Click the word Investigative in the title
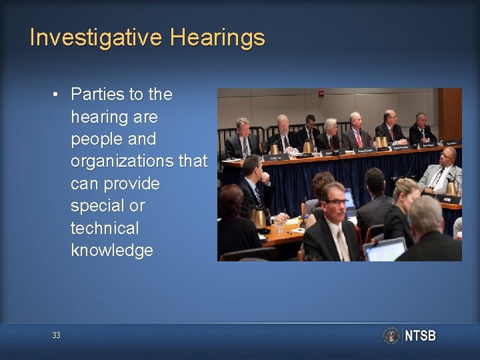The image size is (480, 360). [x=96, y=37]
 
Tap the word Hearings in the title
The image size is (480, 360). [x=217, y=37]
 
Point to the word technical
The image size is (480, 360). [x=105, y=228]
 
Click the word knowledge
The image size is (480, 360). [x=112, y=251]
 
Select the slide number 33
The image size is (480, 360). [x=56, y=335]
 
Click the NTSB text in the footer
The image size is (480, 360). [x=420, y=335]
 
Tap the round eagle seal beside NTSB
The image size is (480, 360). [x=391, y=335]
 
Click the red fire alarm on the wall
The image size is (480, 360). [x=321, y=94]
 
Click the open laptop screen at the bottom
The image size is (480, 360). [x=385, y=250]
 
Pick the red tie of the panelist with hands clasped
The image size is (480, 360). [x=359, y=139]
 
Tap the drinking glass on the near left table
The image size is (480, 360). [x=279, y=226]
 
